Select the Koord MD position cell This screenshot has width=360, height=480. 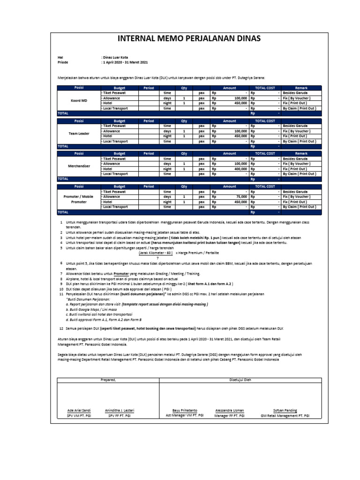pos(78,100)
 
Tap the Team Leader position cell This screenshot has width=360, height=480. pos(78,133)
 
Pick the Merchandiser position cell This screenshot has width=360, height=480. pos(78,166)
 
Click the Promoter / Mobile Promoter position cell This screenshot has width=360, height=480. pos(78,199)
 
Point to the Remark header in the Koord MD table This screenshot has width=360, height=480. pos(301,88)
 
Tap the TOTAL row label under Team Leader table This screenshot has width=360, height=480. pos(63,146)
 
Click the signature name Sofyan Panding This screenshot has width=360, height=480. pos(285,410)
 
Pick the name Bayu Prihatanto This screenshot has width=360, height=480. pos(185,410)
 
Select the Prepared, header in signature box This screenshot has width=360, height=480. pos(108,380)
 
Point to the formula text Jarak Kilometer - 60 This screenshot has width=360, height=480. pos(156,252)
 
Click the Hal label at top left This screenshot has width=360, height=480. pos(60,57)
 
